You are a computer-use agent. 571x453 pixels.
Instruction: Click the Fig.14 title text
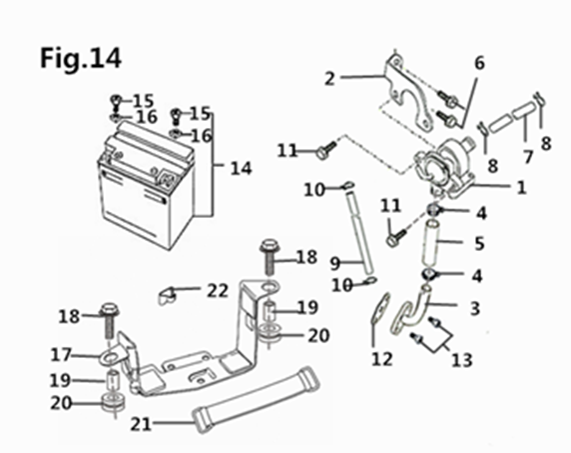point(81,58)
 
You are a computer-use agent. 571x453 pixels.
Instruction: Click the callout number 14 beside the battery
point(241,169)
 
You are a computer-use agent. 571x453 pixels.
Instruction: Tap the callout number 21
point(141,424)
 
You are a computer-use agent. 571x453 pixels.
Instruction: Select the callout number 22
point(218,291)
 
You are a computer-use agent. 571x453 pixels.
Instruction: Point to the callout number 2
point(329,78)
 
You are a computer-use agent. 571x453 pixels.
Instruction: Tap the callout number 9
point(335,263)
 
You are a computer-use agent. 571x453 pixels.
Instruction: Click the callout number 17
point(61,355)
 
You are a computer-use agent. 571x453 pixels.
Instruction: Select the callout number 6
point(479,63)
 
